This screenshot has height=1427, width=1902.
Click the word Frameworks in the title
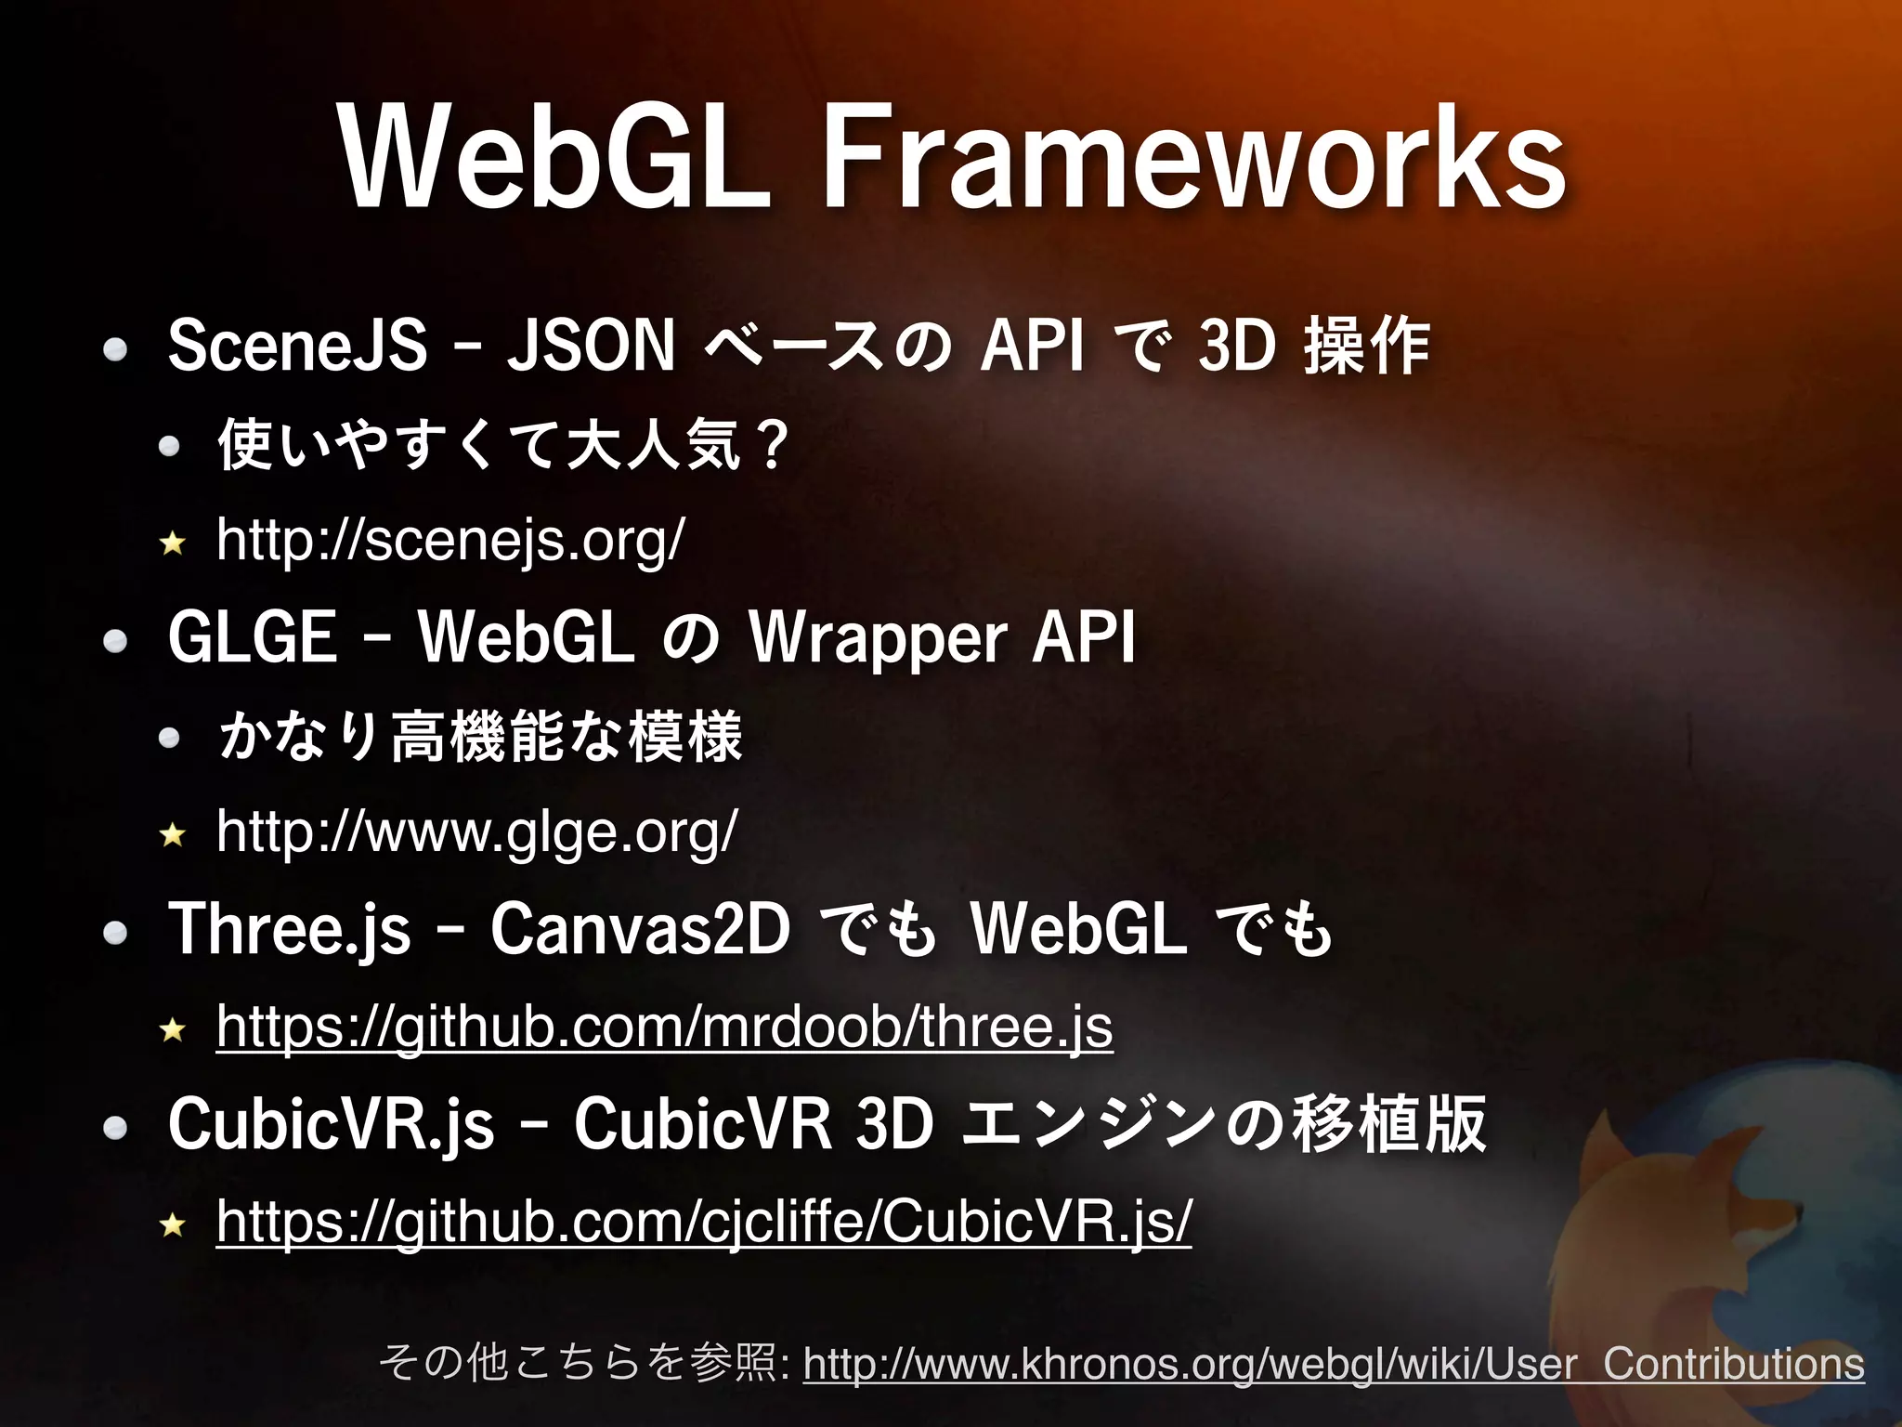[x=1193, y=158]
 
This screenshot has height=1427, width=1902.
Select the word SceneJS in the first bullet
[x=298, y=346]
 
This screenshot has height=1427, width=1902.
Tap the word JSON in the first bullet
[x=591, y=346]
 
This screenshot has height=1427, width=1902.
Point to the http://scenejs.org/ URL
[x=450, y=540]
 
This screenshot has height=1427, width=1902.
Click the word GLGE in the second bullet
[x=253, y=638]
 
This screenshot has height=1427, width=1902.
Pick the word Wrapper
[x=878, y=638]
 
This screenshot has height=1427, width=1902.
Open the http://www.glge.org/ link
[x=476, y=831]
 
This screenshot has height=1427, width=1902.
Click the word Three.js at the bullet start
[x=289, y=929]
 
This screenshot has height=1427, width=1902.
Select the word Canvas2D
[x=640, y=929]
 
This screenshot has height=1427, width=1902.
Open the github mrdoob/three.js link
[x=664, y=1028]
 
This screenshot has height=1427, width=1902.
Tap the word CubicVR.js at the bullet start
[x=331, y=1125]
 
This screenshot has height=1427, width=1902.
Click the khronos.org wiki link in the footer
[x=1334, y=1364]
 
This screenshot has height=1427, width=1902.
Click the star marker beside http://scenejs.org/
[x=173, y=543]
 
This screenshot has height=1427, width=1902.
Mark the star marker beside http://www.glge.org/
[x=173, y=834]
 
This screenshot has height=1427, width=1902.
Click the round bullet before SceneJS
[x=115, y=350]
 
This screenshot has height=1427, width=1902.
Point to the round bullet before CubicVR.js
[x=115, y=1129]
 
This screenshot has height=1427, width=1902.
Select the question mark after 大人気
[x=772, y=445]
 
